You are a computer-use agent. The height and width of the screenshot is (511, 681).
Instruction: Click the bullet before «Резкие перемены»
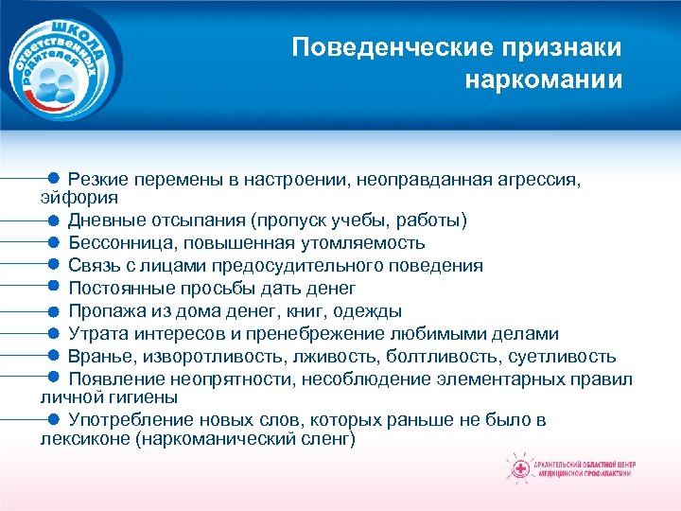pos(54,176)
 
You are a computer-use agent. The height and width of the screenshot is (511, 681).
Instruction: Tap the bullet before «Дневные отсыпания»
pos(54,220)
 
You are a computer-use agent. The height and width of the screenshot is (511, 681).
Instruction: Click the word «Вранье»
pos(102,357)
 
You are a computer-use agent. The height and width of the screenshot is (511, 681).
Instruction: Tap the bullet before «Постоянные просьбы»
pos(54,287)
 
